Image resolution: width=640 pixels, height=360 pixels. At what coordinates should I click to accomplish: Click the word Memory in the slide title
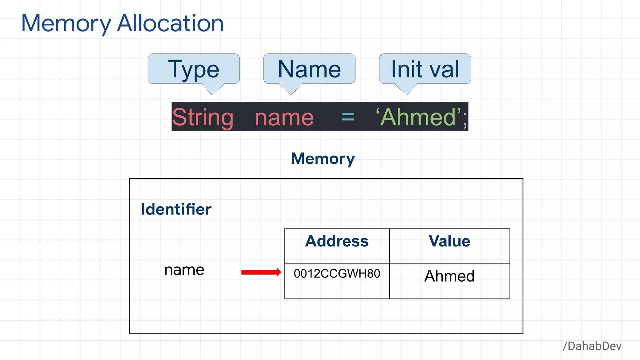click(66, 24)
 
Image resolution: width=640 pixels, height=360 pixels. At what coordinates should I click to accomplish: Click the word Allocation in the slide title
click(170, 24)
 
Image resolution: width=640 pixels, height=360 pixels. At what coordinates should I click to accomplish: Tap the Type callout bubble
click(194, 69)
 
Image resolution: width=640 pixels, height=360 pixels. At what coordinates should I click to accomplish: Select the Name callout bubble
click(309, 69)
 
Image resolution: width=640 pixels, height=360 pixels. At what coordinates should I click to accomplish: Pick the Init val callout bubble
click(425, 69)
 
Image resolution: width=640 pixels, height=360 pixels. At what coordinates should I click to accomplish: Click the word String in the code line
click(203, 117)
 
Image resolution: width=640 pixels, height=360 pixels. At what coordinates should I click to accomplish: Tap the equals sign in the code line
click(348, 117)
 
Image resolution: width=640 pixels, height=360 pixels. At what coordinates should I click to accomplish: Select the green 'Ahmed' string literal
click(418, 117)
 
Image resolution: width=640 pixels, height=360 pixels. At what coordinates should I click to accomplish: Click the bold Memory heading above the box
click(323, 159)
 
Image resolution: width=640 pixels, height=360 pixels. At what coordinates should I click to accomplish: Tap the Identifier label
click(176, 209)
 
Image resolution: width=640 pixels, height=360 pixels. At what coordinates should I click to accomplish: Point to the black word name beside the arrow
click(184, 270)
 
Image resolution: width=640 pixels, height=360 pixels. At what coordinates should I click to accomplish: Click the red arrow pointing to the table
click(261, 272)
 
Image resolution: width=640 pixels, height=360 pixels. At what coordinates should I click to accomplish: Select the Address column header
click(337, 241)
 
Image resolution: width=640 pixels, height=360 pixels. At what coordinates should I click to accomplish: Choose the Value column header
click(449, 241)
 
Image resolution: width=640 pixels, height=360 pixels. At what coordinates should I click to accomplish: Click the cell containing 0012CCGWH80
click(337, 274)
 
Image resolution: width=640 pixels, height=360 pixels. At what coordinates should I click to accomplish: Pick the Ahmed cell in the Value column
click(449, 276)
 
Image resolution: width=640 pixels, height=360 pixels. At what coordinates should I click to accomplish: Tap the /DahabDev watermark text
click(592, 346)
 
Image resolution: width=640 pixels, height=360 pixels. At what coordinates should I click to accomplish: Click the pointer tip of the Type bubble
click(212, 94)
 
